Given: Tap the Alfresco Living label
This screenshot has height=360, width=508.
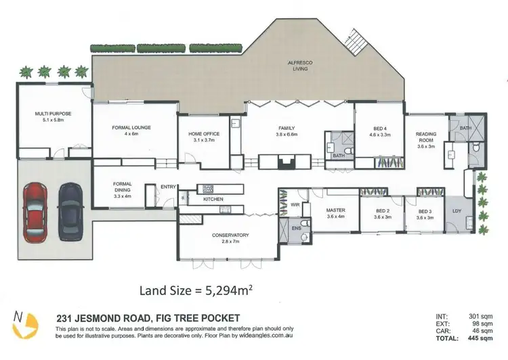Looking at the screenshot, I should (299, 66).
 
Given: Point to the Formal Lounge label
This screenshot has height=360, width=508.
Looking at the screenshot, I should (131, 130).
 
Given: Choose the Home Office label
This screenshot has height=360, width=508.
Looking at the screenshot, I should (204, 137).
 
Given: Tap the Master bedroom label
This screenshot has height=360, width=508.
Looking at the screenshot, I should (336, 213).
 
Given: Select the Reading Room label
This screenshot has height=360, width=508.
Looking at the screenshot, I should (425, 138).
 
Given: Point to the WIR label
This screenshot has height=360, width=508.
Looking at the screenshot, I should (295, 204).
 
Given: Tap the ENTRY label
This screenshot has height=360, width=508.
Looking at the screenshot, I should (167, 187).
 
